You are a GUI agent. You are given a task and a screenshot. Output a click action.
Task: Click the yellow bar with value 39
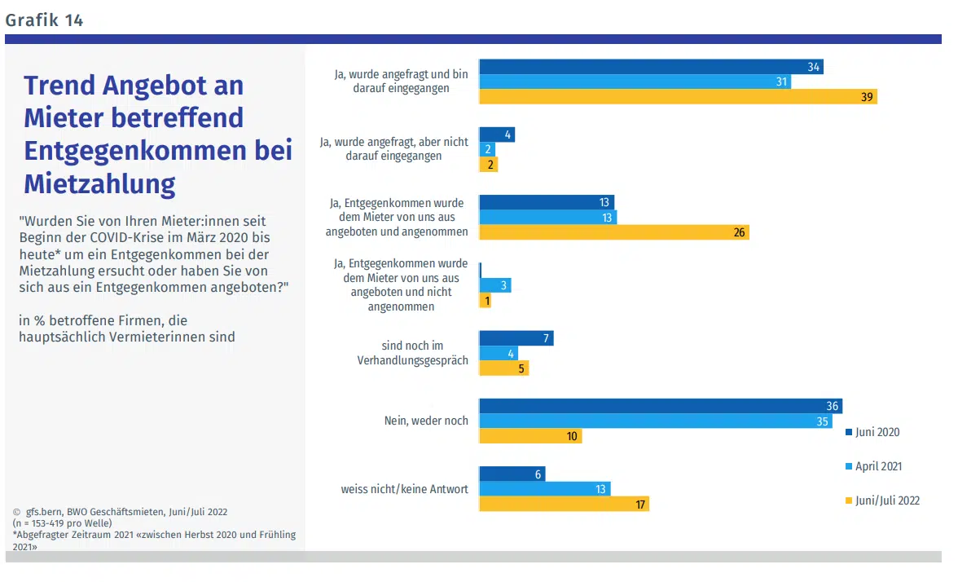678,97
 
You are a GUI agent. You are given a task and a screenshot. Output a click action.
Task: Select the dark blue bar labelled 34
651,67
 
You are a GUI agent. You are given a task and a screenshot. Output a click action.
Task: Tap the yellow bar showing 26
613,232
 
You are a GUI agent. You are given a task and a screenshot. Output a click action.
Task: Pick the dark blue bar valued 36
660,406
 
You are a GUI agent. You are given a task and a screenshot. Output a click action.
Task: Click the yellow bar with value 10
530,436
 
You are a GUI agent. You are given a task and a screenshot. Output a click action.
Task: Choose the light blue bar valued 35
656,421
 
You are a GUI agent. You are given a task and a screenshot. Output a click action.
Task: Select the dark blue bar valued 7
516,338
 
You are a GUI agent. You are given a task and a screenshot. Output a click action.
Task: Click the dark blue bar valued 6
512,474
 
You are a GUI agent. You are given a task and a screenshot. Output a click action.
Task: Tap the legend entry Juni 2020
877,432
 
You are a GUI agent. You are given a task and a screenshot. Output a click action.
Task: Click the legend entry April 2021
878,466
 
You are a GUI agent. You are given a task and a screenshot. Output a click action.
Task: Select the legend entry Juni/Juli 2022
887,500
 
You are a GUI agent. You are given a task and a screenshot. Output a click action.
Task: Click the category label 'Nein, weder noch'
426,421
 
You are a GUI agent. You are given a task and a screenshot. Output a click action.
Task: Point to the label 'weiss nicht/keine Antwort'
404,489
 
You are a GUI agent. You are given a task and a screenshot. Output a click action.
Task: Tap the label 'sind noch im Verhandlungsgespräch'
412,353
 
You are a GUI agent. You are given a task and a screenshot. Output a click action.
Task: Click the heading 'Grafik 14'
44,20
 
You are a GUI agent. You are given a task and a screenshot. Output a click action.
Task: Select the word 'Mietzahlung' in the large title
99,184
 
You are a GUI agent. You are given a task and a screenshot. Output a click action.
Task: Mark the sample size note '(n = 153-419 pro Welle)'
62,522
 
